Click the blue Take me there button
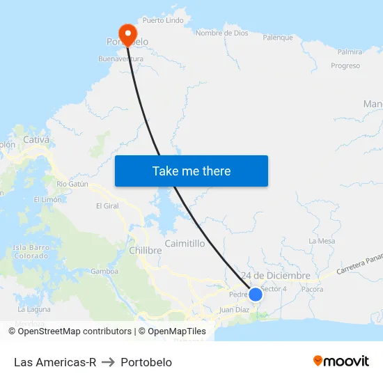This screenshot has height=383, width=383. [191, 171]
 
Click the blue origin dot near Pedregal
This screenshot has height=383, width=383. [256, 294]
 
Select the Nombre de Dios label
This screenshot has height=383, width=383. [222, 33]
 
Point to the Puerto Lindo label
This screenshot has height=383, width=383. [163, 20]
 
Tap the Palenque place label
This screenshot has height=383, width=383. [278, 38]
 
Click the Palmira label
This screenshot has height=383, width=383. [350, 52]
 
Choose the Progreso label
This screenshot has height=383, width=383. [345, 66]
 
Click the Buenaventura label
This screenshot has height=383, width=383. [121, 59]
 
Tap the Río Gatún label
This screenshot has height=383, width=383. [72, 184]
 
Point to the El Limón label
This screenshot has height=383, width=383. [47, 200]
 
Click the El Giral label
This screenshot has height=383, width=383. [108, 206]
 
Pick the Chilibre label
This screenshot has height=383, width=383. [146, 250]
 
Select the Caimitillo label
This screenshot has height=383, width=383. [185, 244]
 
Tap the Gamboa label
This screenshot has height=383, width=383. [104, 272]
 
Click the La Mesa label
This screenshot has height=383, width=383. [322, 241]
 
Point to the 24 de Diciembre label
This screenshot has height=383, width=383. [275, 276]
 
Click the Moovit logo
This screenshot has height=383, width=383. [341, 361]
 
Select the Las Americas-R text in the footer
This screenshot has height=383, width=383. [55, 362]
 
